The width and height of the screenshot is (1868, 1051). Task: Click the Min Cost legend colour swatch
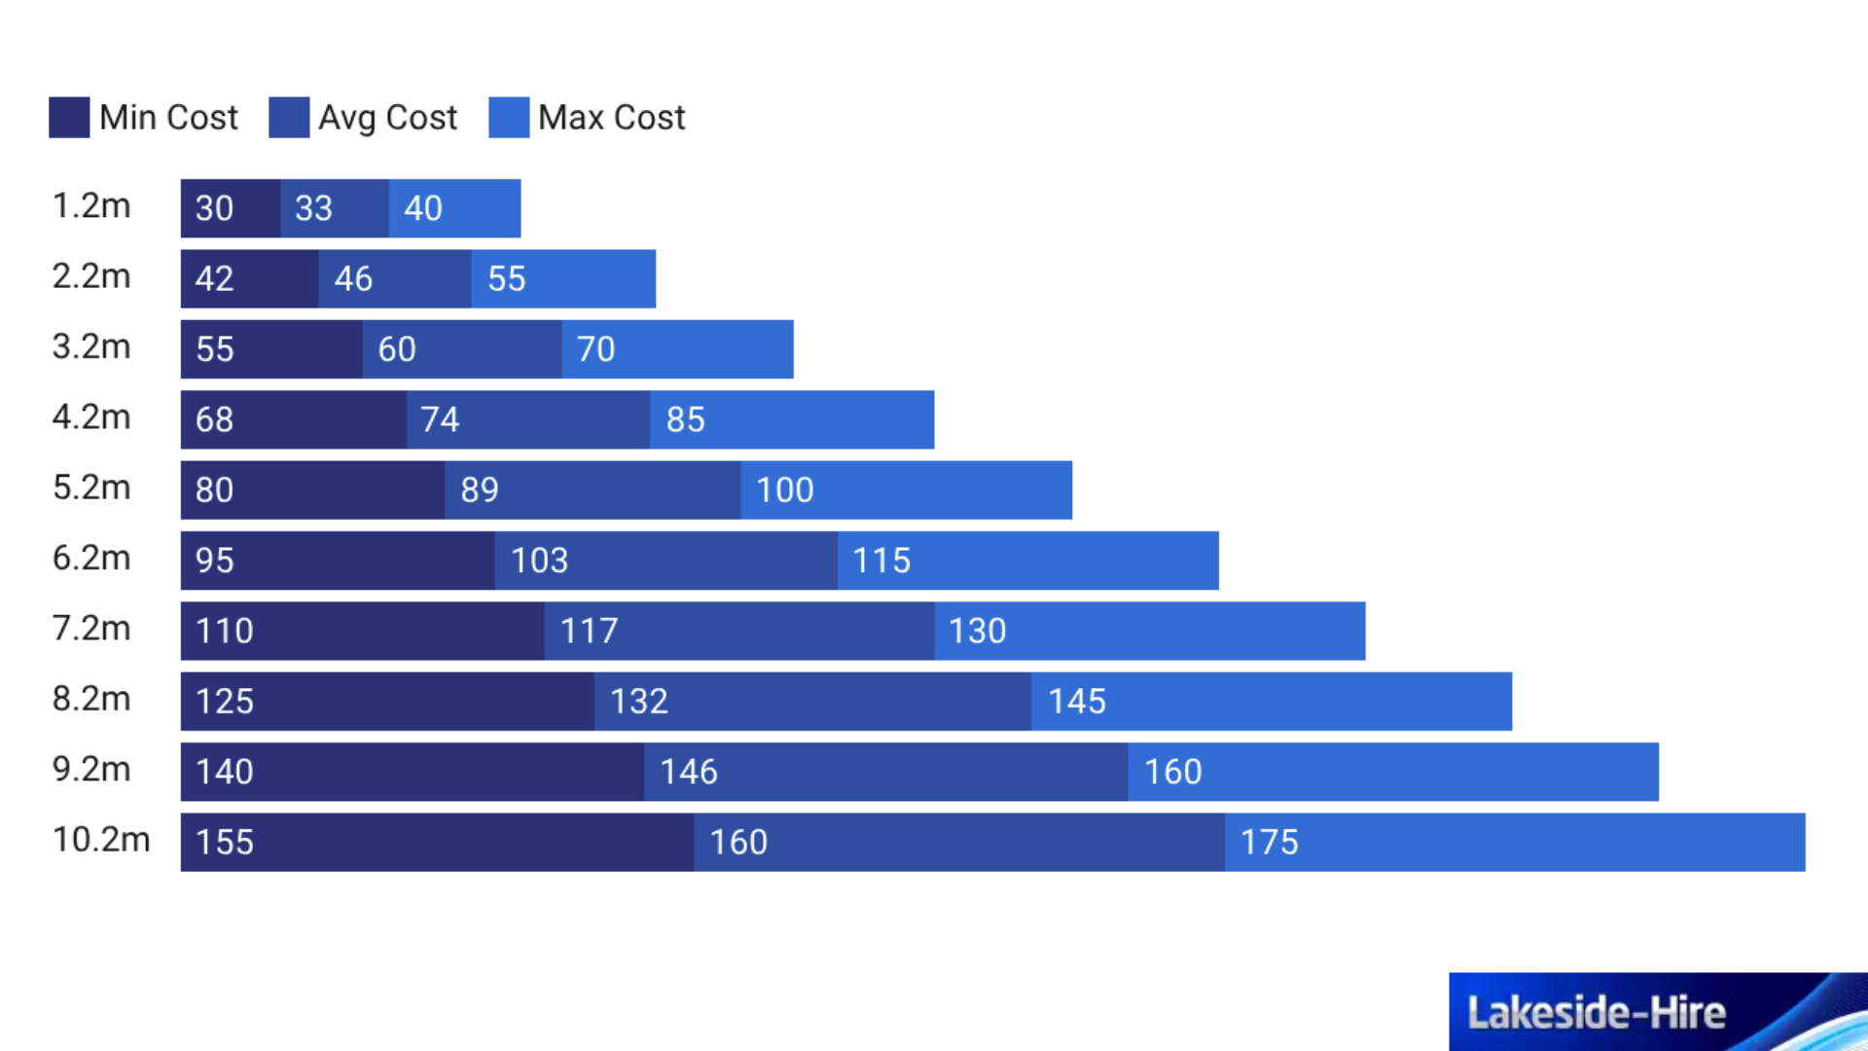[69, 118]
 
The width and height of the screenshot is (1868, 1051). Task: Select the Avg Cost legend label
[387, 118]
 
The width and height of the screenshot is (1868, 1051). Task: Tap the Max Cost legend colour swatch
[509, 118]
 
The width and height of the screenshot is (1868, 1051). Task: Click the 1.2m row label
[91, 206]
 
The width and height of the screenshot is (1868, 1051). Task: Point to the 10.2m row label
[101, 840]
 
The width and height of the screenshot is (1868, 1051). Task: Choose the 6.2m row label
[91, 559]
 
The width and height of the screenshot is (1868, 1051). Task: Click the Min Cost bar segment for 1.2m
[231, 208]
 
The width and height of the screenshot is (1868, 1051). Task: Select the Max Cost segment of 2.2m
[563, 279]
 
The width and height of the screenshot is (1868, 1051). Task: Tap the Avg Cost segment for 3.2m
[462, 349]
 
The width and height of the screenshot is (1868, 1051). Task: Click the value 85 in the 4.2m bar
[686, 420]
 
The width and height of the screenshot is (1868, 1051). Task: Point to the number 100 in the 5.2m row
[785, 490]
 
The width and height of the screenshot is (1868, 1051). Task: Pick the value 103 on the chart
[540, 562]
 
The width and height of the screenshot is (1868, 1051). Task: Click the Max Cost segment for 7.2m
[1149, 632]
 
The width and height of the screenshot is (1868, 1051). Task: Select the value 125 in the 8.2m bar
[225, 702]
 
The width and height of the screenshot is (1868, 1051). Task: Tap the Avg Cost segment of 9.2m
[885, 773]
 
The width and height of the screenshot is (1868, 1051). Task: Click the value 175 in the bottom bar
[1270, 843]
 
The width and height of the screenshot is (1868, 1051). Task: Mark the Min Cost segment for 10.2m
[437, 843]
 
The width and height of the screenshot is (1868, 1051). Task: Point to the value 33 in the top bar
[314, 208]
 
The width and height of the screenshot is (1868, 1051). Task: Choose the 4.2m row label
[91, 417]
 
